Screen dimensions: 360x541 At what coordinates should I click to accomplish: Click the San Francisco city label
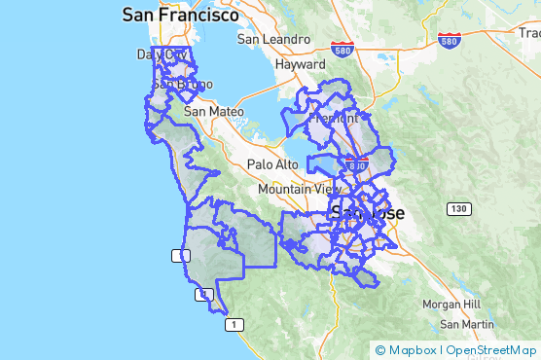point(180,16)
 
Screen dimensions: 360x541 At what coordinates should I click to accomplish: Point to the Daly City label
point(162,54)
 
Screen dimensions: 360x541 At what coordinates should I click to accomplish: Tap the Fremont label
point(333,117)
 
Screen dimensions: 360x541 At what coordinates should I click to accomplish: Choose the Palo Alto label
point(272,164)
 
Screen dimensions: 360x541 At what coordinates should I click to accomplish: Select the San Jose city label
point(367,211)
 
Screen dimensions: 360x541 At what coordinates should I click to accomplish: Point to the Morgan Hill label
point(451,304)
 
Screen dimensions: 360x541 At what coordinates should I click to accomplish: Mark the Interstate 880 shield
point(357,165)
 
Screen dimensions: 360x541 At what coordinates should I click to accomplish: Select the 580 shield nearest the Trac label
point(448,42)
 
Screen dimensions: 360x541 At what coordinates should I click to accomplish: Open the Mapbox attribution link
point(413,349)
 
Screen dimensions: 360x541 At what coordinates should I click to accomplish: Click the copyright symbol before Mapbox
point(379,349)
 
